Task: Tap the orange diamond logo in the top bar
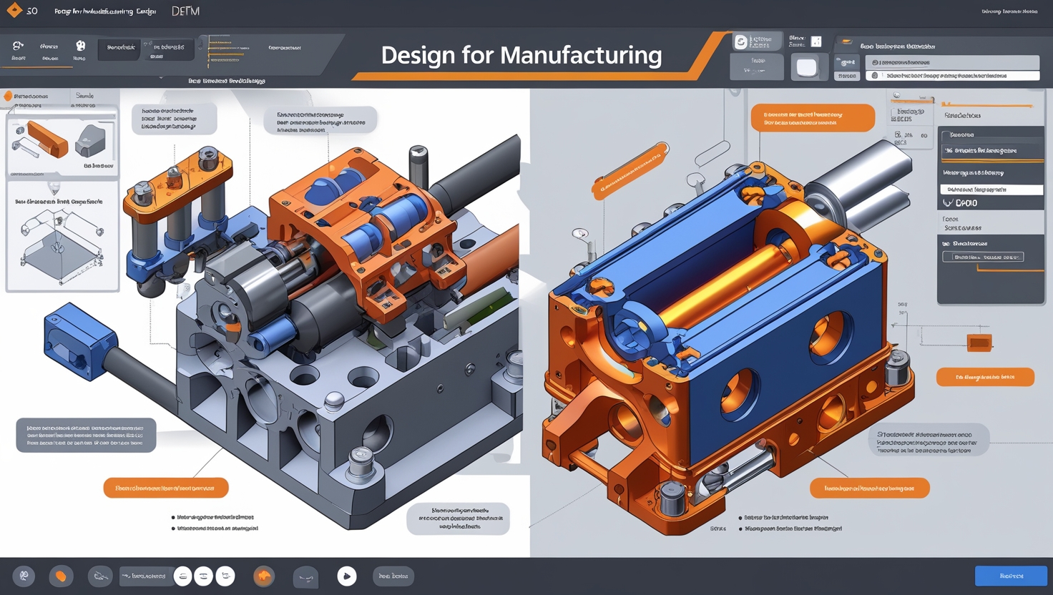click(x=14, y=10)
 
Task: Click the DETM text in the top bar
click(x=185, y=11)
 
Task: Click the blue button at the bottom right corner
click(x=1010, y=576)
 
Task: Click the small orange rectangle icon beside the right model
click(x=979, y=343)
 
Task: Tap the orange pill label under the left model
click(x=166, y=488)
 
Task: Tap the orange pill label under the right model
click(x=869, y=488)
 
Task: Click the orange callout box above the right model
click(x=812, y=118)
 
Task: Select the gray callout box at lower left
click(x=86, y=435)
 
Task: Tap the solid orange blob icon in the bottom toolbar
click(x=61, y=576)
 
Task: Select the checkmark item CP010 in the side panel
click(x=962, y=203)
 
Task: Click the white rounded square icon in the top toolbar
click(x=806, y=67)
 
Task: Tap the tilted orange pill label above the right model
click(x=630, y=170)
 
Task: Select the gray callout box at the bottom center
click(x=458, y=518)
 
